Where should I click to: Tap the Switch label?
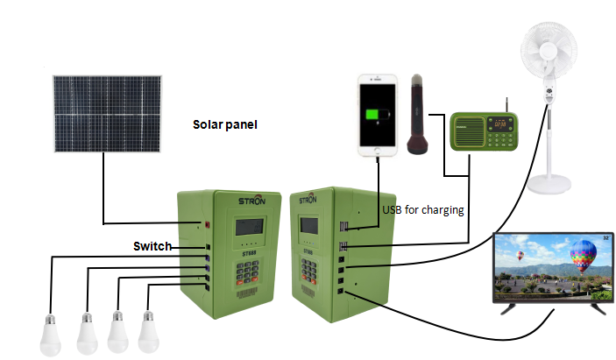[x=152, y=246]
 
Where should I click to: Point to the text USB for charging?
[x=423, y=210]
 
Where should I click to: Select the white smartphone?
[x=378, y=116]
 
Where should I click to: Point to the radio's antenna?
[x=506, y=100]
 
